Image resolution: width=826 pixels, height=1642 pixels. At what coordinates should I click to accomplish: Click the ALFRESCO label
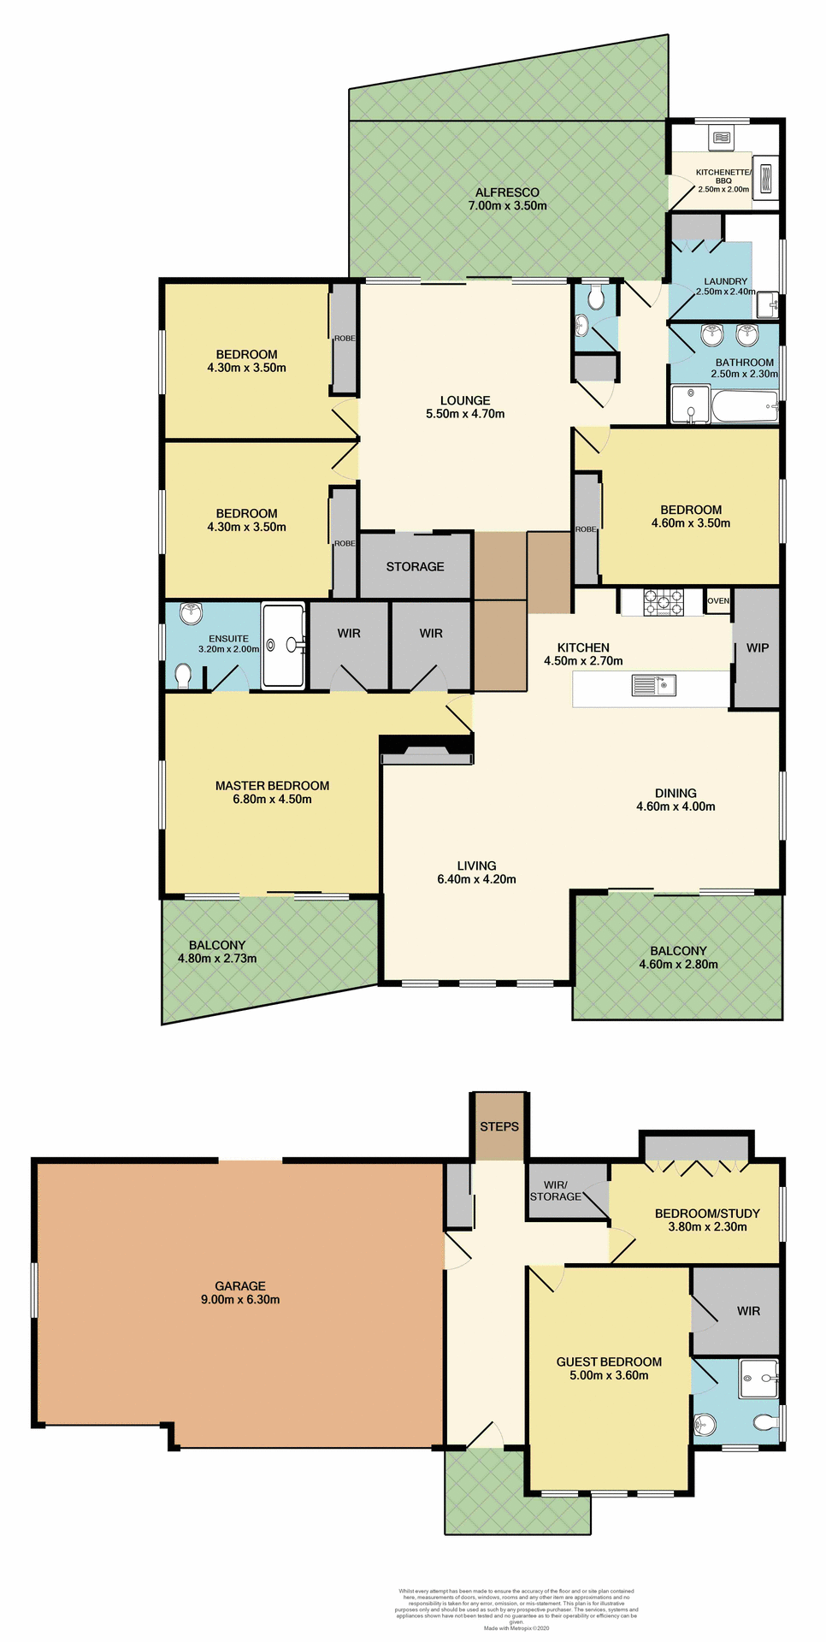(507, 192)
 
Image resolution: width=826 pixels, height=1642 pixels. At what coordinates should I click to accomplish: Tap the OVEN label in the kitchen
(718, 600)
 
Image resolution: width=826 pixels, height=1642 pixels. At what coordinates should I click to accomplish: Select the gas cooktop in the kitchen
(663, 602)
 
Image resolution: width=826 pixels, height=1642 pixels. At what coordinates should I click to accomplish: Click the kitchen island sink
(653, 685)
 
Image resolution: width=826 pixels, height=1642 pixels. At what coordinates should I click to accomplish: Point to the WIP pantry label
(758, 647)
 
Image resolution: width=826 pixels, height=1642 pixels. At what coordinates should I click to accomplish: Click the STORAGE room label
(415, 566)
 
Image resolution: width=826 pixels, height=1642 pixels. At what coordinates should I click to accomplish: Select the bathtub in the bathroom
(744, 406)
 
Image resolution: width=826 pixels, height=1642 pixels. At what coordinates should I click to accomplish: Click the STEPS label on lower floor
(499, 1126)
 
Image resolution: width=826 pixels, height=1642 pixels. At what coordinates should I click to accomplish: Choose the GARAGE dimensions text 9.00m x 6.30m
(240, 1299)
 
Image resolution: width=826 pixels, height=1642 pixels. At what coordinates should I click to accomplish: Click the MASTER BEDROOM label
(272, 785)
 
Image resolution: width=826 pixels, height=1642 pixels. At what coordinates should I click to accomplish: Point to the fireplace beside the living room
(427, 753)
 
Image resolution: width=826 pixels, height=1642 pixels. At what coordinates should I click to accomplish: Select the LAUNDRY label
(725, 281)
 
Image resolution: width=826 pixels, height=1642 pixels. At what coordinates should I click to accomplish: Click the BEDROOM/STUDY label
(707, 1213)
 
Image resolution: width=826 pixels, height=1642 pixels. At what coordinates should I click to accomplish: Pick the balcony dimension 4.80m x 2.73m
(217, 958)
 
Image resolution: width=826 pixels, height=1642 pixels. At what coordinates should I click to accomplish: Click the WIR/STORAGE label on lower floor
(556, 1190)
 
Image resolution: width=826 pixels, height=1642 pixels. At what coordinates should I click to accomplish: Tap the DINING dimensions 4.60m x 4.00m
(676, 806)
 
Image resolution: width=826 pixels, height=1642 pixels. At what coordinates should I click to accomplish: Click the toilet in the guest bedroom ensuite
(764, 1421)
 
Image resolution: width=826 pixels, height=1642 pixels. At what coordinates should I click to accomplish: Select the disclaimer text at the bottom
(516, 1608)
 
